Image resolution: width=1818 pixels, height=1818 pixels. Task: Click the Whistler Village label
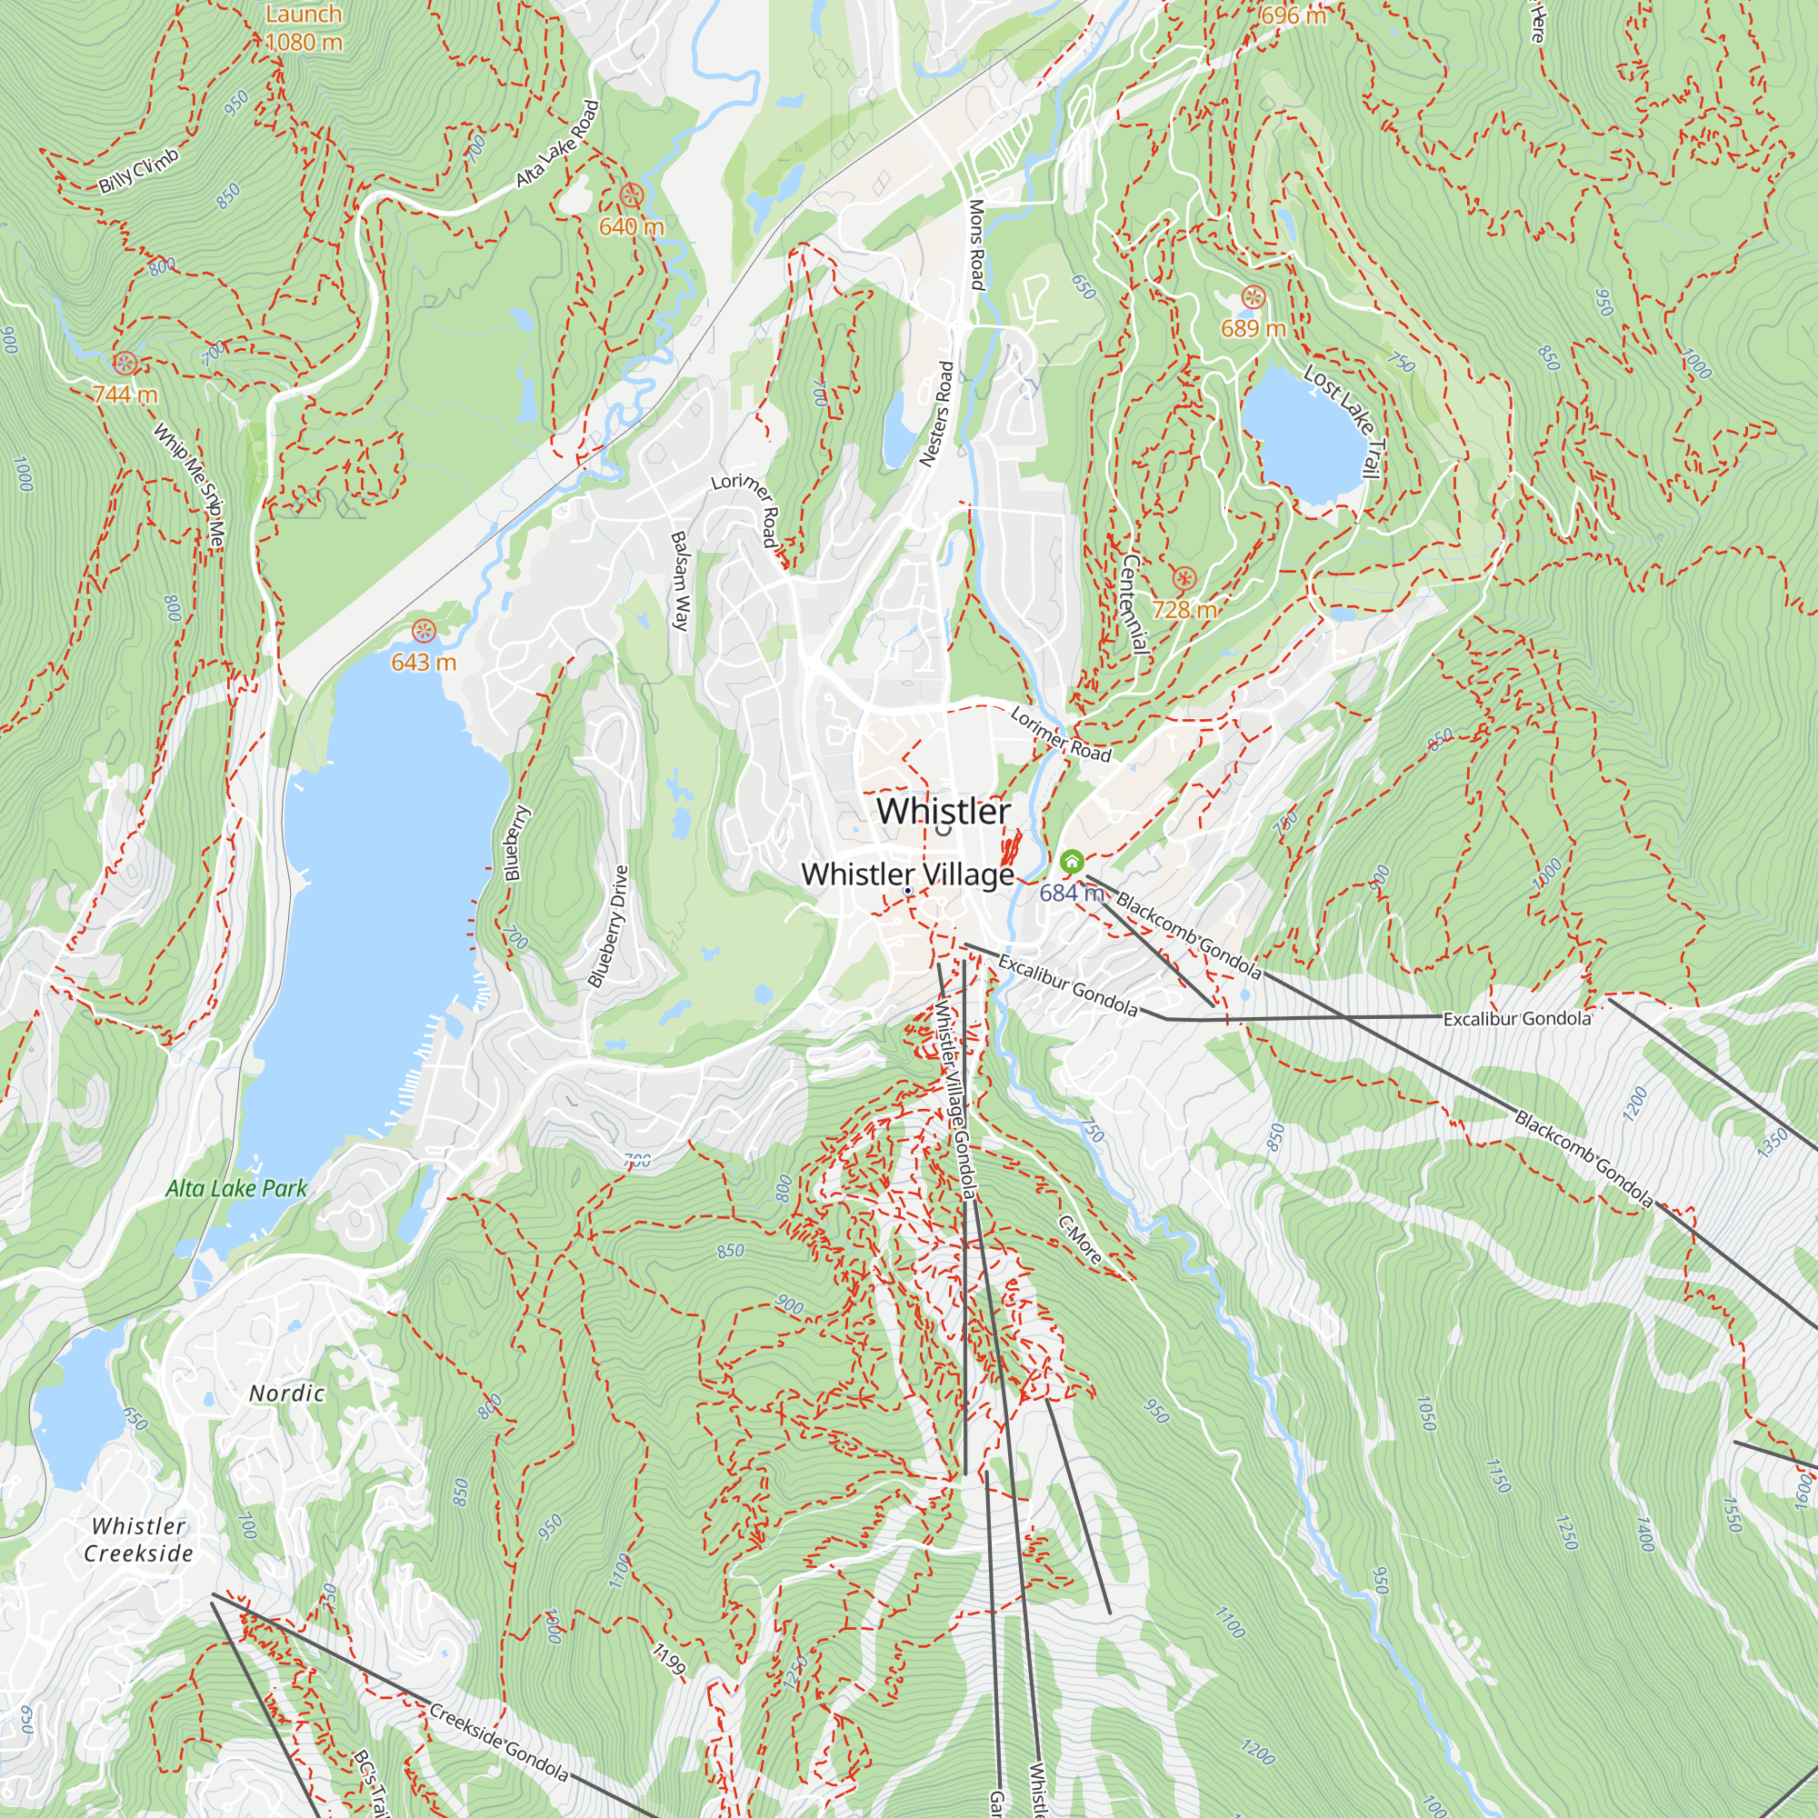pyautogui.click(x=907, y=874)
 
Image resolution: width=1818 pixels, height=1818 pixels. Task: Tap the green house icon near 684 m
pyautogui.click(x=1071, y=861)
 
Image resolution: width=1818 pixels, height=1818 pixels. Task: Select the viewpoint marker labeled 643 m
pyautogui.click(x=425, y=631)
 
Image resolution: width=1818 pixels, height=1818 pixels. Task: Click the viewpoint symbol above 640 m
pyautogui.click(x=632, y=195)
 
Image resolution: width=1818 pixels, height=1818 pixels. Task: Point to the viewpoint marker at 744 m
pyautogui.click(x=125, y=364)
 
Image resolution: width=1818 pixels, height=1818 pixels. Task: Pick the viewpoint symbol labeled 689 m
pyautogui.click(x=1253, y=297)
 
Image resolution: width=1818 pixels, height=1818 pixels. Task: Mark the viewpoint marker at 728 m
pyautogui.click(x=1184, y=578)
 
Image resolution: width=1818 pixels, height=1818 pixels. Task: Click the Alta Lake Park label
pyautogui.click(x=236, y=1188)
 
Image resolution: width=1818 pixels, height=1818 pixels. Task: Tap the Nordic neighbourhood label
pyautogui.click(x=287, y=1393)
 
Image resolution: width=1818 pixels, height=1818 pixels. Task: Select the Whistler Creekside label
pyautogui.click(x=139, y=1540)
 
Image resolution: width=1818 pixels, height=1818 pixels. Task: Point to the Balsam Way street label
pyautogui.click(x=679, y=581)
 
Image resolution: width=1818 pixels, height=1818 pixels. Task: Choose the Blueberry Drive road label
pyautogui.click(x=608, y=926)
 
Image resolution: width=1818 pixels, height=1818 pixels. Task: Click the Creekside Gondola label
pyautogui.click(x=499, y=1742)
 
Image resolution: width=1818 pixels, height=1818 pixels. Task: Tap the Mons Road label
pyautogui.click(x=977, y=245)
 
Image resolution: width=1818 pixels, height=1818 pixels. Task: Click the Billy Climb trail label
pyautogui.click(x=138, y=170)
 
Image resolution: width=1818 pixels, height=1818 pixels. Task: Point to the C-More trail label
pyautogui.click(x=1079, y=1239)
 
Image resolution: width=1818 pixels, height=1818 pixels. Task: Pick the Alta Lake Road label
pyautogui.click(x=558, y=144)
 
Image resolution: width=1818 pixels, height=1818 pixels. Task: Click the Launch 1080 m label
pyautogui.click(x=303, y=27)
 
